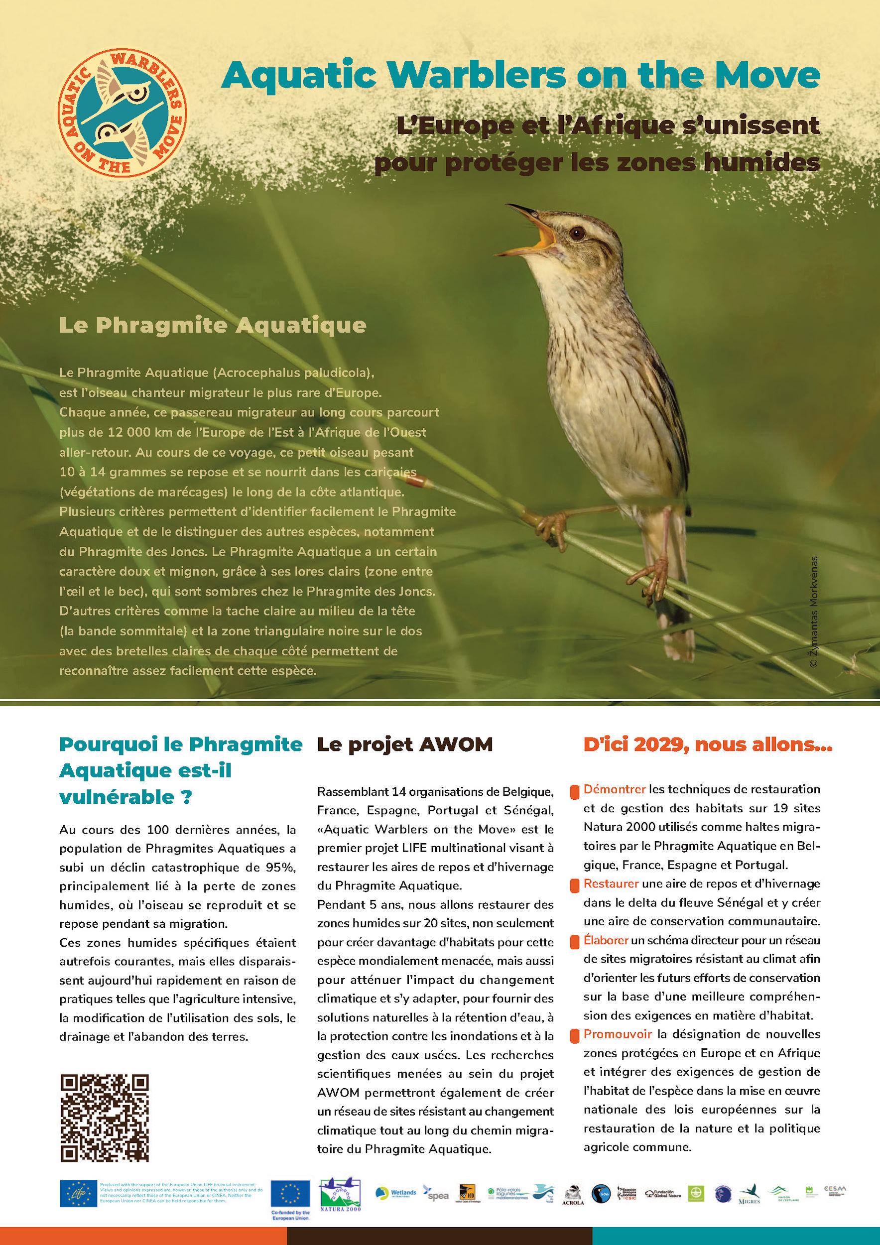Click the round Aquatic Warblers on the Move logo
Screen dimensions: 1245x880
pos(122,113)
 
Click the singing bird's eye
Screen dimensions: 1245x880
pos(577,233)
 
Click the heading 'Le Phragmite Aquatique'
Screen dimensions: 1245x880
pos(213,325)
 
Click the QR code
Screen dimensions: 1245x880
pos(104,1118)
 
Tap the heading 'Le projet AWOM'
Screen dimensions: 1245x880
pos(404,745)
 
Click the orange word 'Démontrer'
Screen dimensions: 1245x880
pos(615,789)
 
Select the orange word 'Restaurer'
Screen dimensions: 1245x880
pos(611,883)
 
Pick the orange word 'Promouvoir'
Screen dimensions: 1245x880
pos(617,1034)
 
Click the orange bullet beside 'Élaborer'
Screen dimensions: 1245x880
pos(575,942)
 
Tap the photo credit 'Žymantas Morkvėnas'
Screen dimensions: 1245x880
pos(813,612)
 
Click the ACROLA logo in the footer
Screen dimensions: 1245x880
pos(573,1195)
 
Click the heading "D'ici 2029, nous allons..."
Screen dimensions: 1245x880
pos(708,745)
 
